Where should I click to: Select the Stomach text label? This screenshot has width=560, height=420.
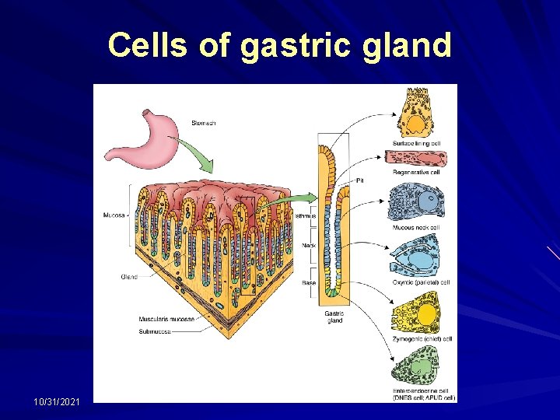(x=203, y=122)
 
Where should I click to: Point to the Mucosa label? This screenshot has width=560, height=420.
(x=114, y=215)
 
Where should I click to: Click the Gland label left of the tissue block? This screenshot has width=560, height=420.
(x=129, y=276)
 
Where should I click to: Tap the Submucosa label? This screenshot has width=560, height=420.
(x=155, y=331)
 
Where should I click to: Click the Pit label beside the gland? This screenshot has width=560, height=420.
(x=359, y=180)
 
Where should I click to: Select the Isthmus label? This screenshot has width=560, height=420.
(x=305, y=215)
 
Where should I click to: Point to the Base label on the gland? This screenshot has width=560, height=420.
(x=309, y=283)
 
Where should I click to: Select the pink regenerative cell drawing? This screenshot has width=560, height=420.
(x=416, y=158)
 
